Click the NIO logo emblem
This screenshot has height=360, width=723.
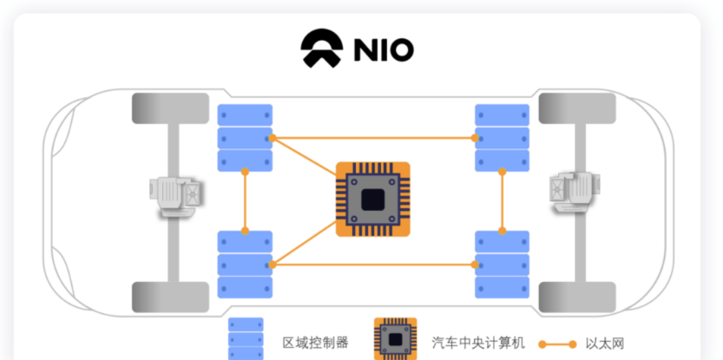point(321,49)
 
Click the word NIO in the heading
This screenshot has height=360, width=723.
point(383,50)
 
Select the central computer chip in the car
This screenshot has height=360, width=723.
point(372,200)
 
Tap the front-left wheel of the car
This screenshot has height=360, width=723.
point(171,108)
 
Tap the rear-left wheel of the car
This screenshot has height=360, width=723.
point(171,297)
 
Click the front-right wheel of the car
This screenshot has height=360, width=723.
point(577,108)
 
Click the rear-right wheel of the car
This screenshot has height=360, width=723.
point(577,297)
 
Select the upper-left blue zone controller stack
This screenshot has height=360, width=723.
point(244,137)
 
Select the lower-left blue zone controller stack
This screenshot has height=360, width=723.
point(244,264)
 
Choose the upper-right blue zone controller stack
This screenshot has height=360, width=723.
point(502,137)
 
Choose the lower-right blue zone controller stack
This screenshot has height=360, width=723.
point(502,264)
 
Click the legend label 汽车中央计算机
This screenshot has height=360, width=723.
point(478,343)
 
